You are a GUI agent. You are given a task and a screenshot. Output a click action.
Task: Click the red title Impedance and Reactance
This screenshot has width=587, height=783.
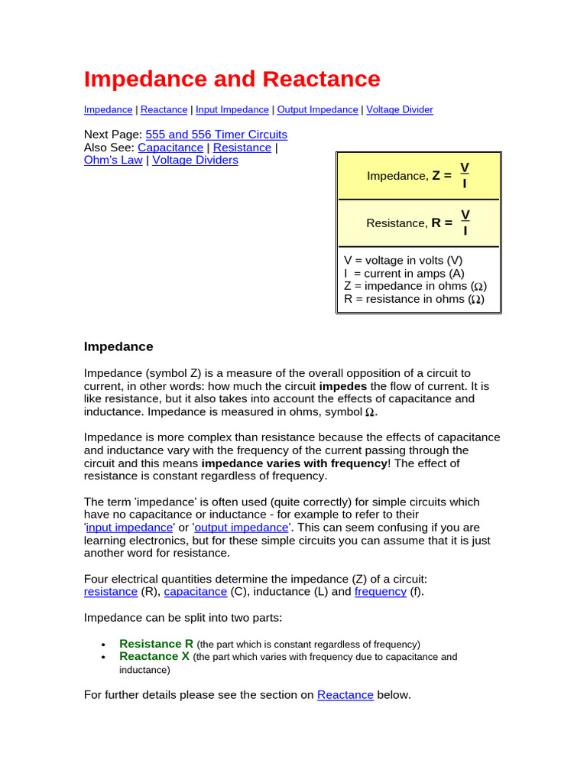232,80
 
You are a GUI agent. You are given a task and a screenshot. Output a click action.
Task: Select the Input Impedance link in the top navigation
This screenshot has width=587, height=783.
232,110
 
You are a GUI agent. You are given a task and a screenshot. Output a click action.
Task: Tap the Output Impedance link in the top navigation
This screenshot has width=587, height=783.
317,110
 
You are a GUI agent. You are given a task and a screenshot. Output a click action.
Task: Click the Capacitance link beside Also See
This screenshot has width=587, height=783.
170,148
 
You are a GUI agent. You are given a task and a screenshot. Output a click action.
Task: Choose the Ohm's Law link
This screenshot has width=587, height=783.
113,161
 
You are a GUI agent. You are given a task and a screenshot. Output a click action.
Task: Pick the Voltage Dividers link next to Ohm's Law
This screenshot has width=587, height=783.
195,161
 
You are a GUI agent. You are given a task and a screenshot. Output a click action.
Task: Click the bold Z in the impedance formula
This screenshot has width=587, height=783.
436,176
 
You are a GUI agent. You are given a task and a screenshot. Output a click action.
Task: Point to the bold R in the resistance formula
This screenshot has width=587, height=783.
436,223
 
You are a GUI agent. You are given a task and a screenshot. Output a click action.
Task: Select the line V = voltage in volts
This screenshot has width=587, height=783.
404,261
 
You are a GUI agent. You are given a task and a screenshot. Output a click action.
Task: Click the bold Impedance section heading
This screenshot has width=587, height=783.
118,347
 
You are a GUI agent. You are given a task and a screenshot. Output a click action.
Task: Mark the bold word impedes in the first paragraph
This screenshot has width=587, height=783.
342,386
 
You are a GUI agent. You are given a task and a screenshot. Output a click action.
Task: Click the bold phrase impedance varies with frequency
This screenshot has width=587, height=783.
294,463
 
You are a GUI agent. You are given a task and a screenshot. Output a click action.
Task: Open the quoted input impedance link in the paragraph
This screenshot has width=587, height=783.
129,528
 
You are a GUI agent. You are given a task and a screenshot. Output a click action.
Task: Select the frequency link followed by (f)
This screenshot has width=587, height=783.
380,592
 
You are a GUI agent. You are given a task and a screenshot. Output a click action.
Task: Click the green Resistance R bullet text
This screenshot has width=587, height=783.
157,644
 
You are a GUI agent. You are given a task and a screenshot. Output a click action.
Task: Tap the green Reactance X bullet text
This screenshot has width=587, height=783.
154,656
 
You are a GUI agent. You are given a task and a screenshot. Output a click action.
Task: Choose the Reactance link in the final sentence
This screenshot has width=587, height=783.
345,695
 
